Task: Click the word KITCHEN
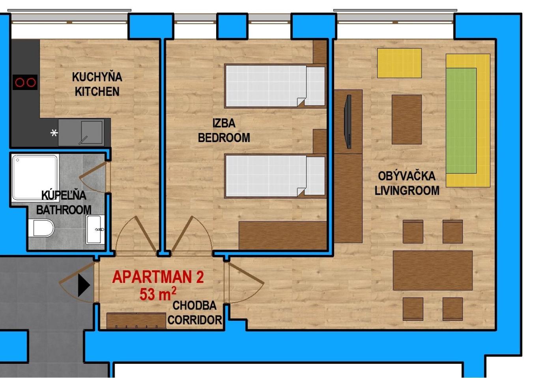click(x=97, y=92)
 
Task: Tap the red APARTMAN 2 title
click(x=158, y=277)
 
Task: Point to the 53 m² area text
click(x=158, y=294)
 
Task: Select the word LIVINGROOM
click(x=407, y=191)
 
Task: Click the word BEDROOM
click(x=224, y=138)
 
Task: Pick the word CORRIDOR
click(x=195, y=320)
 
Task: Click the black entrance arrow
click(x=84, y=285)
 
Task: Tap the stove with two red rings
click(x=25, y=82)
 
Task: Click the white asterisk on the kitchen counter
click(x=54, y=133)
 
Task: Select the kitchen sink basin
click(x=92, y=132)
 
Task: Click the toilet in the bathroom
click(x=41, y=228)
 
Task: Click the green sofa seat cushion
click(x=461, y=121)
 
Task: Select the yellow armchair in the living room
click(x=399, y=63)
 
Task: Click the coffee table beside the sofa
click(x=407, y=120)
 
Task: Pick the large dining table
click(x=433, y=270)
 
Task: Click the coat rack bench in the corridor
click(x=136, y=320)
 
